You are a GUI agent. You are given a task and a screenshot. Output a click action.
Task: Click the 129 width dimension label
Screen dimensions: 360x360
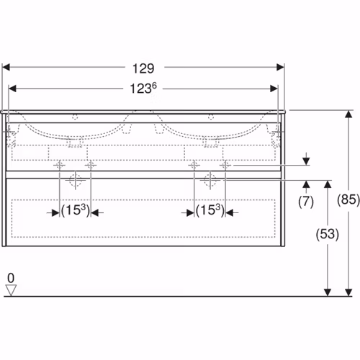point(143,68)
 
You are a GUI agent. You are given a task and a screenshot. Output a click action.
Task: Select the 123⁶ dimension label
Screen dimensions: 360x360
point(143,88)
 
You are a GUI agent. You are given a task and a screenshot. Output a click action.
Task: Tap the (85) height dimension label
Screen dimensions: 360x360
point(348,199)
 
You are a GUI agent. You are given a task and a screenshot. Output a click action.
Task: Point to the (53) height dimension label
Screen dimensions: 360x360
point(328,234)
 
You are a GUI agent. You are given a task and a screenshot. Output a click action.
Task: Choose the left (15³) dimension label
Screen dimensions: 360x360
point(76,210)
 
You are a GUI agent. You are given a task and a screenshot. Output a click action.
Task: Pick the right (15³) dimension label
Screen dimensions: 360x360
point(210,210)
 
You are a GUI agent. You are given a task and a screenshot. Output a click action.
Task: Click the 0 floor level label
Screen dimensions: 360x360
point(11,278)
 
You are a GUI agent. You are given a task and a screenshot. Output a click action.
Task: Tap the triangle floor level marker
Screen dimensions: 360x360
point(11,290)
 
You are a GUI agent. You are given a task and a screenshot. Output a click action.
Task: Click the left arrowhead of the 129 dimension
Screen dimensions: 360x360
point(6,67)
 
